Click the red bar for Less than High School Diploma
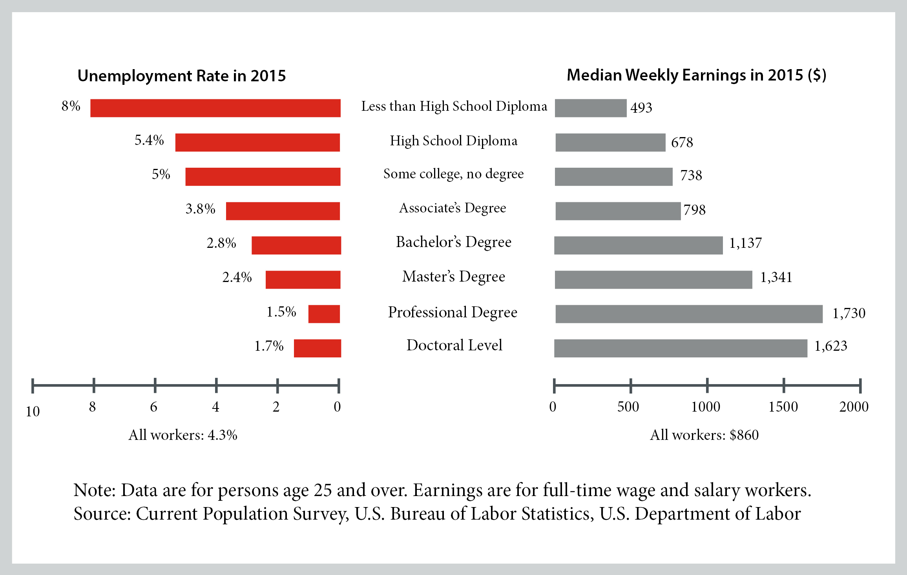(215, 108)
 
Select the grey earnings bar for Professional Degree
(689, 314)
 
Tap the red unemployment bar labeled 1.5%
(324, 314)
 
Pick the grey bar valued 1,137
(638, 245)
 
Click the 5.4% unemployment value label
(149, 140)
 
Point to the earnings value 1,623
(830, 346)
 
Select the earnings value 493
(641, 108)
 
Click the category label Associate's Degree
(453, 208)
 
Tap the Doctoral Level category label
(454, 345)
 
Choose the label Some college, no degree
(453, 174)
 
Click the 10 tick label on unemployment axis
(33, 412)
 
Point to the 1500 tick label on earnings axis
(783, 407)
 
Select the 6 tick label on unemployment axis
(153, 407)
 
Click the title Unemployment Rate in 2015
(182, 76)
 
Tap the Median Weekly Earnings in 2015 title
(696, 75)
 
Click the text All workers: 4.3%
(183, 435)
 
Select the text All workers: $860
(704, 435)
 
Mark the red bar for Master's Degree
(303, 280)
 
